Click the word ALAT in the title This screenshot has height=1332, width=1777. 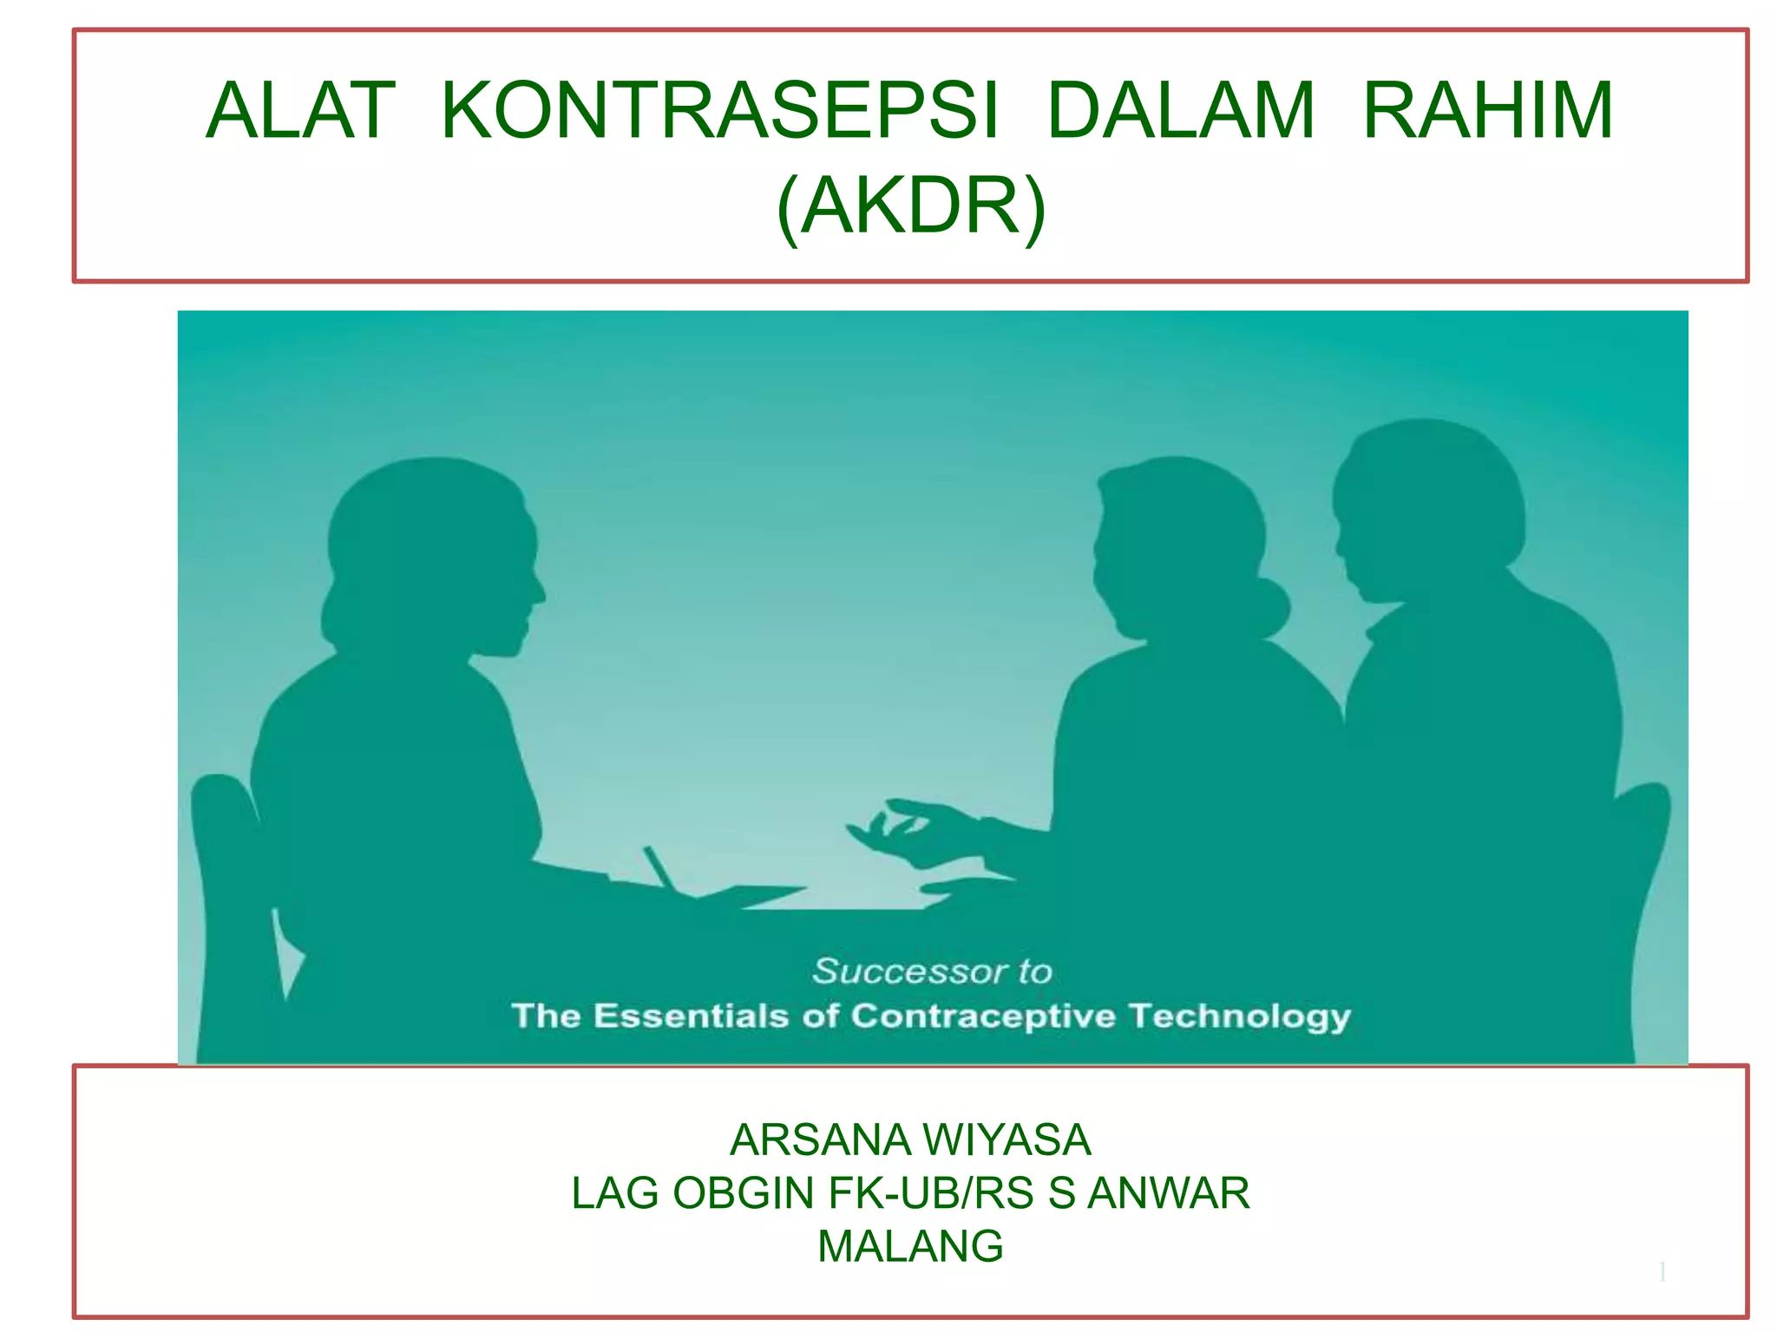click(300, 111)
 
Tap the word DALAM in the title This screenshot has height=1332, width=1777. click(1181, 111)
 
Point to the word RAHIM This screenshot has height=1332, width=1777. click(1488, 111)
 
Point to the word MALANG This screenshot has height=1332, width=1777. click(910, 1246)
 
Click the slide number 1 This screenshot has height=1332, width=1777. click(1662, 1272)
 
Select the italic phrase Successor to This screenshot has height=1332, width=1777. click(932, 971)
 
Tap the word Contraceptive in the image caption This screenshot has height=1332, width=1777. click(983, 1015)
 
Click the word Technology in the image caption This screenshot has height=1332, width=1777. click(1239, 1015)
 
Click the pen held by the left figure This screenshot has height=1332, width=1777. click(659, 867)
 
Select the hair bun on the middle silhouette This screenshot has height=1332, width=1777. click(1269, 607)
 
